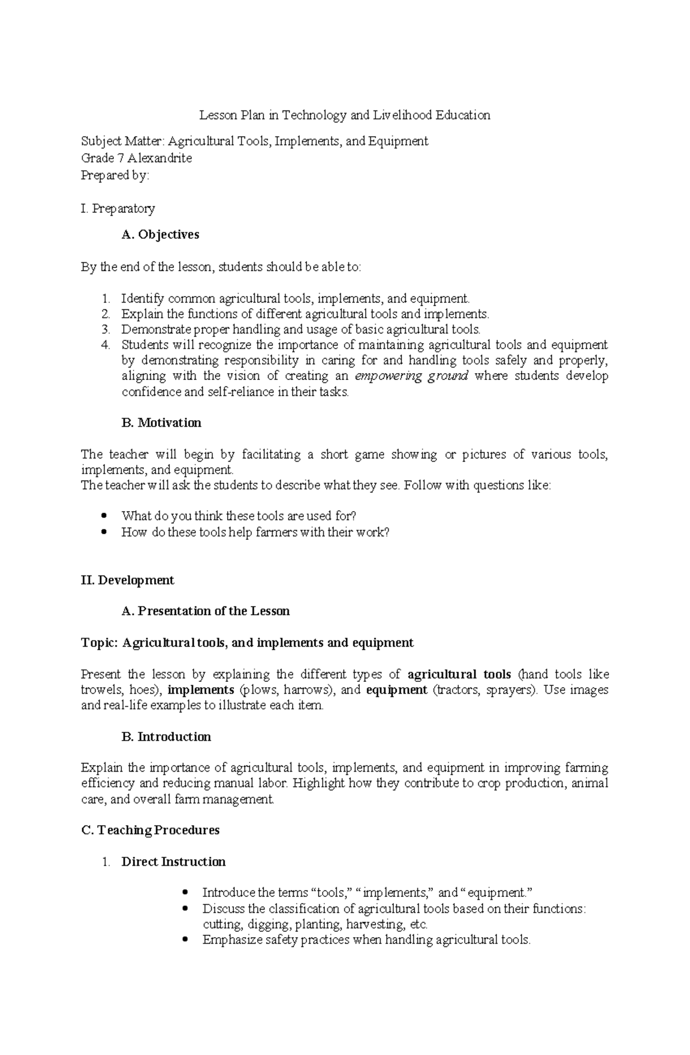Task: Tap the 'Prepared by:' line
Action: (115, 175)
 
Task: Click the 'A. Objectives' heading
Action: (160, 235)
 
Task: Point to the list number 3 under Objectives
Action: (105, 329)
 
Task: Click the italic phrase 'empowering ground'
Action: (412, 377)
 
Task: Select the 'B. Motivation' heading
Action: (161, 423)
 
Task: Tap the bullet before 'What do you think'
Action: (104, 516)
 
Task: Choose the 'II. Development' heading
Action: (128, 580)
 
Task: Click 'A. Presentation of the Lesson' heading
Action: (205, 611)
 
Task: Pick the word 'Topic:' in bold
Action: (99, 643)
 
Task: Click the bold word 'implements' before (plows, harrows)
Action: (200, 690)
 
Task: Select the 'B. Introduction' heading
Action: (166, 737)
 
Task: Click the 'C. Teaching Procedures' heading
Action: (151, 831)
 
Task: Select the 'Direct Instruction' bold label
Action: (173, 862)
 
